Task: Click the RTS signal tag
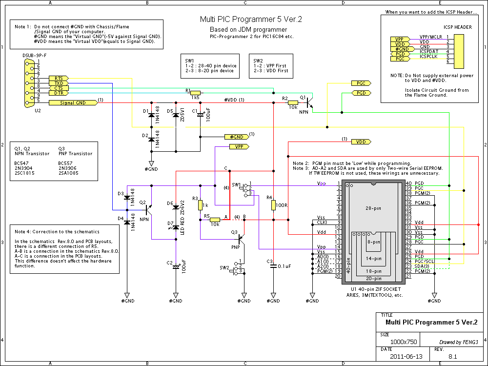[x=59, y=79]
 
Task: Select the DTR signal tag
[x=59, y=93]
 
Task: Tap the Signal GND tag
[x=73, y=102]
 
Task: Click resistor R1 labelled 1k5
[x=196, y=93]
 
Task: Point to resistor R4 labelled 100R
[x=273, y=205]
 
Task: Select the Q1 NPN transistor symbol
[x=309, y=102]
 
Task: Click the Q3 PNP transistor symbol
[x=242, y=239]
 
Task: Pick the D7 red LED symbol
[x=176, y=227]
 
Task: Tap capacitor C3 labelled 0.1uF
[x=273, y=266]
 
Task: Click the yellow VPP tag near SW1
[x=239, y=146]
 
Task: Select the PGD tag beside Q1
[x=361, y=93]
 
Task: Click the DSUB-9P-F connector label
[x=35, y=56]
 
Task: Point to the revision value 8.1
[x=452, y=356]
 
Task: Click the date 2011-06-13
[x=406, y=356]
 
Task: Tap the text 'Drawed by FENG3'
[x=458, y=342]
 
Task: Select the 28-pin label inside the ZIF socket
[x=373, y=208]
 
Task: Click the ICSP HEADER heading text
[x=458, y=27]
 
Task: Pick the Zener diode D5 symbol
[x=176, y=115]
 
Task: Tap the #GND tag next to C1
[x=237, y=137]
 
